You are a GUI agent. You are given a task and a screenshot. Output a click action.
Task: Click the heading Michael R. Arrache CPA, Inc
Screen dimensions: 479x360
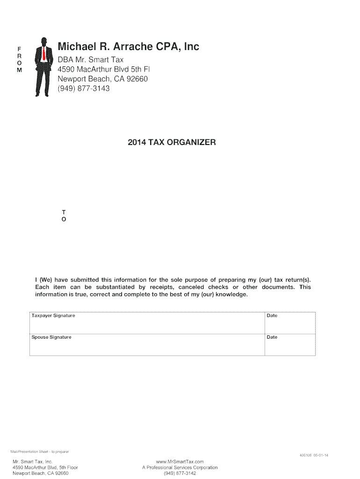[x=128, y=47]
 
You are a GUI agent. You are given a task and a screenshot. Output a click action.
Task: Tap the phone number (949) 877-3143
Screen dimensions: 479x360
[x=84, y=88]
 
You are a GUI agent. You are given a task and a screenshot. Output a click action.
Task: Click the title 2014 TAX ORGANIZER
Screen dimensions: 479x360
[x=172, y=142]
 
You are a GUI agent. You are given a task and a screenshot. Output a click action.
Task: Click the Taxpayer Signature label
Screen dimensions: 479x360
[x=53, y=316]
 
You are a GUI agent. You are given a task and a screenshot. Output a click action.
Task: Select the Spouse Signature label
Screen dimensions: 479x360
[x=51, y=337]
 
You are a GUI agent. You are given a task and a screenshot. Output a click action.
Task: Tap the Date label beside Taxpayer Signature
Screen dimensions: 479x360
[x=272, y=316]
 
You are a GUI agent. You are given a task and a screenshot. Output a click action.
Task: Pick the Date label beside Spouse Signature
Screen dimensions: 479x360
[x=272, y=337]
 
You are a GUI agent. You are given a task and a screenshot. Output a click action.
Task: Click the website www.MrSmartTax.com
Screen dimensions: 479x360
[x=180, y=462]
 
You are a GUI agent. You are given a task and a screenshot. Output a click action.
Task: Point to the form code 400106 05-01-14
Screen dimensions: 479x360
[x=314, y=455]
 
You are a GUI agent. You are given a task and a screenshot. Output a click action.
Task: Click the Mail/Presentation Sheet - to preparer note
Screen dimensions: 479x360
[x=40, y=451]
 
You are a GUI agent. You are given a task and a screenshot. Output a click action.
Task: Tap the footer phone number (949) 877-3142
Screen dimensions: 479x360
[x=180, y=473]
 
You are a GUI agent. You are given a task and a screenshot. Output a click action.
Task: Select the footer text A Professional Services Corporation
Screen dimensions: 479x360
[x=180, y=467]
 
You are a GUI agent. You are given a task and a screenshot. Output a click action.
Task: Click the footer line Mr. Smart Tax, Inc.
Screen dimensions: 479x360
[x=33, y=462]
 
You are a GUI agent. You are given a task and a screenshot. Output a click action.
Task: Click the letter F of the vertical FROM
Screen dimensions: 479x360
[x=19, y=49]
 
